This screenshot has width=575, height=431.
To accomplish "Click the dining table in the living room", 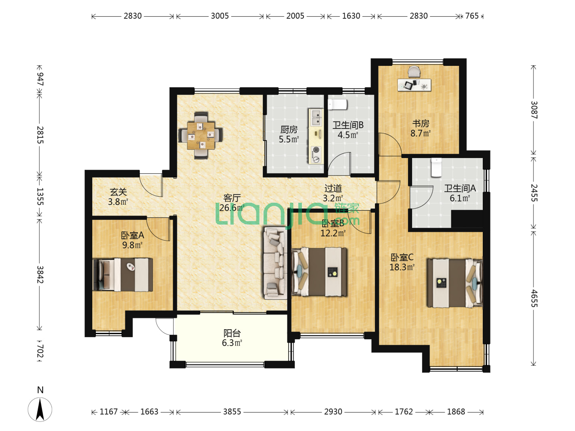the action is (200, 135).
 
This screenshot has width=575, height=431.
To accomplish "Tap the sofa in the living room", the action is (275, 263).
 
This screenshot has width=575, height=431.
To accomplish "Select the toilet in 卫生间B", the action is (337, 104).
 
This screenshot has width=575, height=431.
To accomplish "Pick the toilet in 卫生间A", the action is (436, 167).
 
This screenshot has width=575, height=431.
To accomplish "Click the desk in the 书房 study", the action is (414, 85).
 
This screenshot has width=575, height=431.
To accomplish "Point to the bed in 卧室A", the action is (123, 275).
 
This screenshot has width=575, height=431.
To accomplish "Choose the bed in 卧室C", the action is (454, 283).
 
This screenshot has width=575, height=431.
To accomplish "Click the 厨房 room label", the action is (289, 130).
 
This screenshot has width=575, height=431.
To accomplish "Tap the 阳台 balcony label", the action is (232, 333).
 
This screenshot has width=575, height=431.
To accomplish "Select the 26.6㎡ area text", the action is (232, 208).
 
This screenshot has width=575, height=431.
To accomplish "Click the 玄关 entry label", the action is (118, 192).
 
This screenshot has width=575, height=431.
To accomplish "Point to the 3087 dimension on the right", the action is (534, 110).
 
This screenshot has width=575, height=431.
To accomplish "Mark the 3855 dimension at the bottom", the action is (232, 411).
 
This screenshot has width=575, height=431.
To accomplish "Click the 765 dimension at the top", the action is (472, 16).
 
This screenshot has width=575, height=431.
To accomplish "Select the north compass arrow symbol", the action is (40, 410).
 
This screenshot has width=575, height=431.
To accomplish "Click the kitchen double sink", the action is (316, 117).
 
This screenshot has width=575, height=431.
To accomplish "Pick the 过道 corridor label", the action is (333, 188).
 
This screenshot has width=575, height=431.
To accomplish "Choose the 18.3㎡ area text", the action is (402, 267).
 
